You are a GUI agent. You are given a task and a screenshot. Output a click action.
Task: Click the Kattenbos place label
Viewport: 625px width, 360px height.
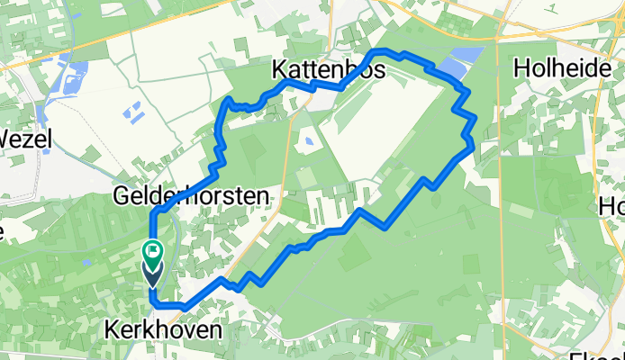329,69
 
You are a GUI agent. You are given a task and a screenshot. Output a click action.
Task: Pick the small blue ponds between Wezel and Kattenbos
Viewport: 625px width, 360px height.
132,112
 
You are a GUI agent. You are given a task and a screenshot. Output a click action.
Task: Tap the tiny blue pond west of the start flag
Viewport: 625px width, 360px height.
86,262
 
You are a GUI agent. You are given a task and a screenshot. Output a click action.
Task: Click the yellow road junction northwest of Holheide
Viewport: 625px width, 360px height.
498,38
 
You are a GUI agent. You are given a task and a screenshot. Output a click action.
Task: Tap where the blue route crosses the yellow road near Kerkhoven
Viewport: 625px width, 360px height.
230,285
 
